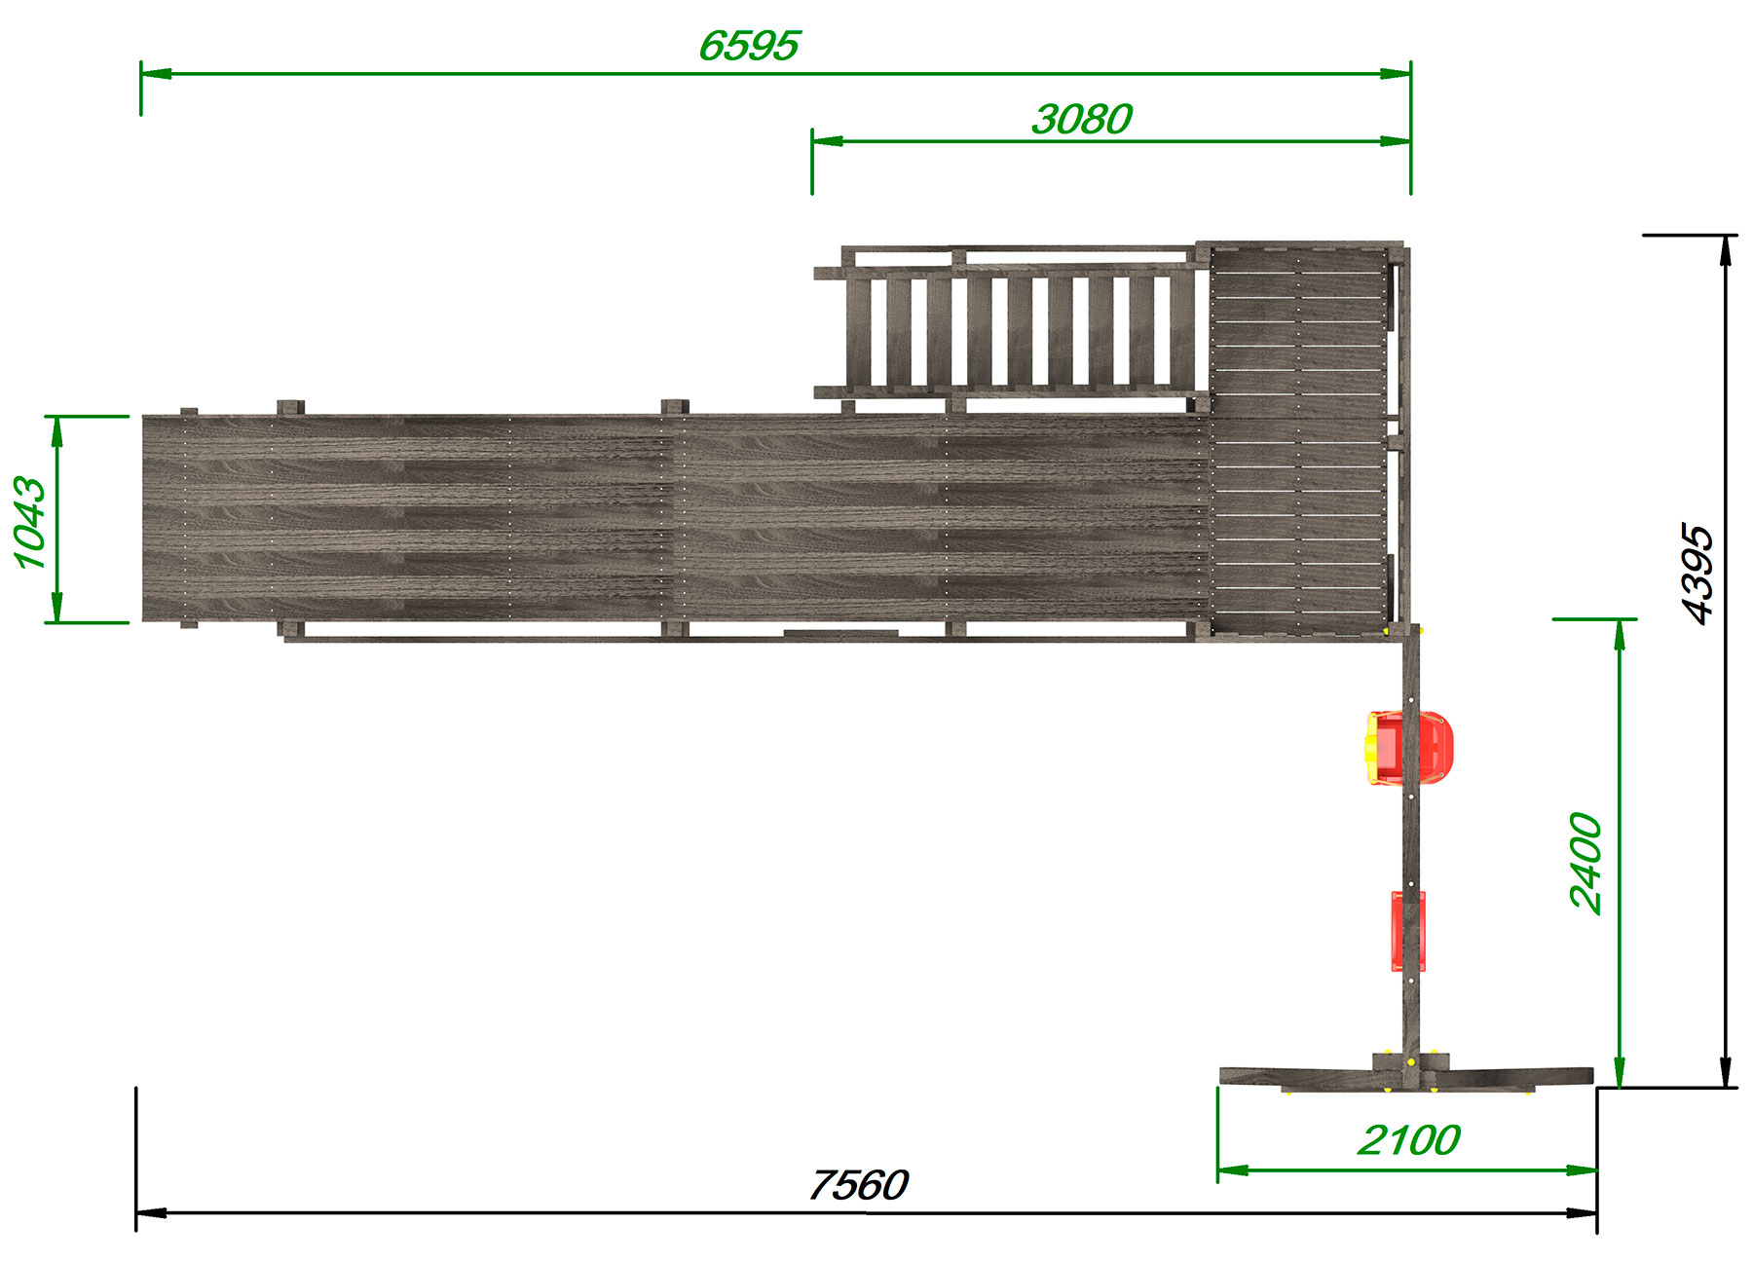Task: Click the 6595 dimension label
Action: click(749, 45)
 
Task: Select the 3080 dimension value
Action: click(1081, 119)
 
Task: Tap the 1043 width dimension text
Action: click(30, 522)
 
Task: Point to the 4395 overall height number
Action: click(1697, 574)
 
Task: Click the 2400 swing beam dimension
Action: click(1585, 863)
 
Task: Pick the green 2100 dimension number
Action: click(1408, 1139)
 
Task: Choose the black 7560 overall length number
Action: click(858, 1185)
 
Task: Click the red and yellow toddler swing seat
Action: click(1408, 748)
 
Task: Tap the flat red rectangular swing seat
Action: click(1408, 931)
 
